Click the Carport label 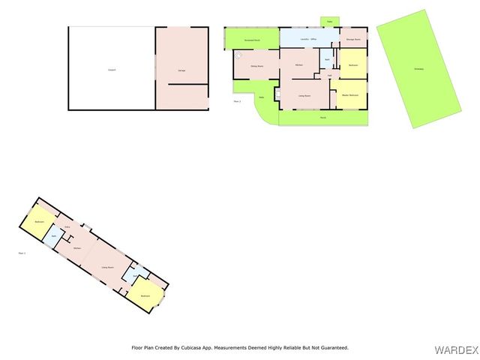coord(112,70)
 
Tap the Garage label coord(181,70)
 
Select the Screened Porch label coord(252,39)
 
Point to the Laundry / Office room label coord(308,38)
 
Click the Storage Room coord(353,39)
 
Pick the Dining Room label coord(256,66)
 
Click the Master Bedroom coord(349,95)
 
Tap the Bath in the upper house coord(327,58)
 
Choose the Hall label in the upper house coord(329,75)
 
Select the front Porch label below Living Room coord(322,118)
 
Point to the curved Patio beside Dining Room coord(261,97)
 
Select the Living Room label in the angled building coord(107,267)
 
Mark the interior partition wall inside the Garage coord(187,85)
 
